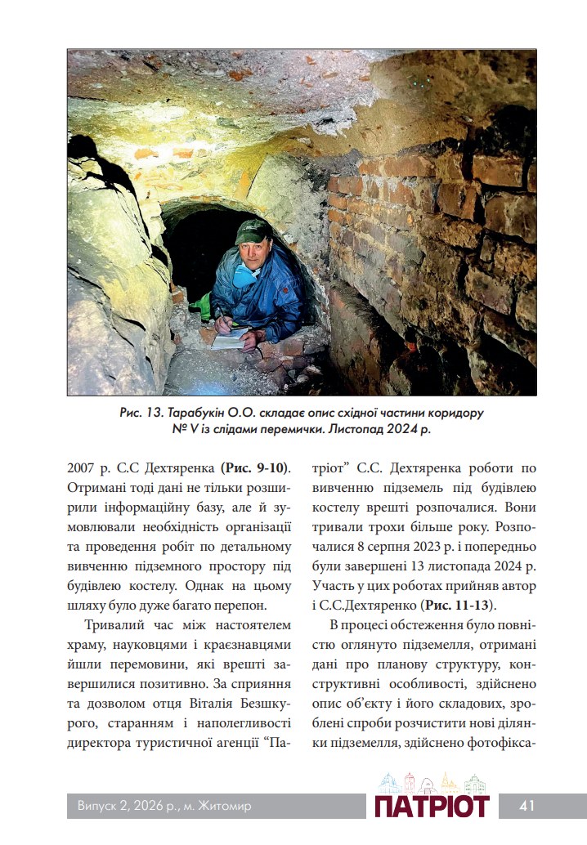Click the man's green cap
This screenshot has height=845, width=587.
pyautogui.click(x=253, y=231)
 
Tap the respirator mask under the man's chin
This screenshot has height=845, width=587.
pyautogui.click(x=243, y=277)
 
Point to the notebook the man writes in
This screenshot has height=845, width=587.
pyautogui.click(x=230, y=336)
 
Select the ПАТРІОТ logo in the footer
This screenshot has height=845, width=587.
pyautogui.click(x=432, y=806)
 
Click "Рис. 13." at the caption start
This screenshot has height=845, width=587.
pyautogui.click(x=138, y=412)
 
